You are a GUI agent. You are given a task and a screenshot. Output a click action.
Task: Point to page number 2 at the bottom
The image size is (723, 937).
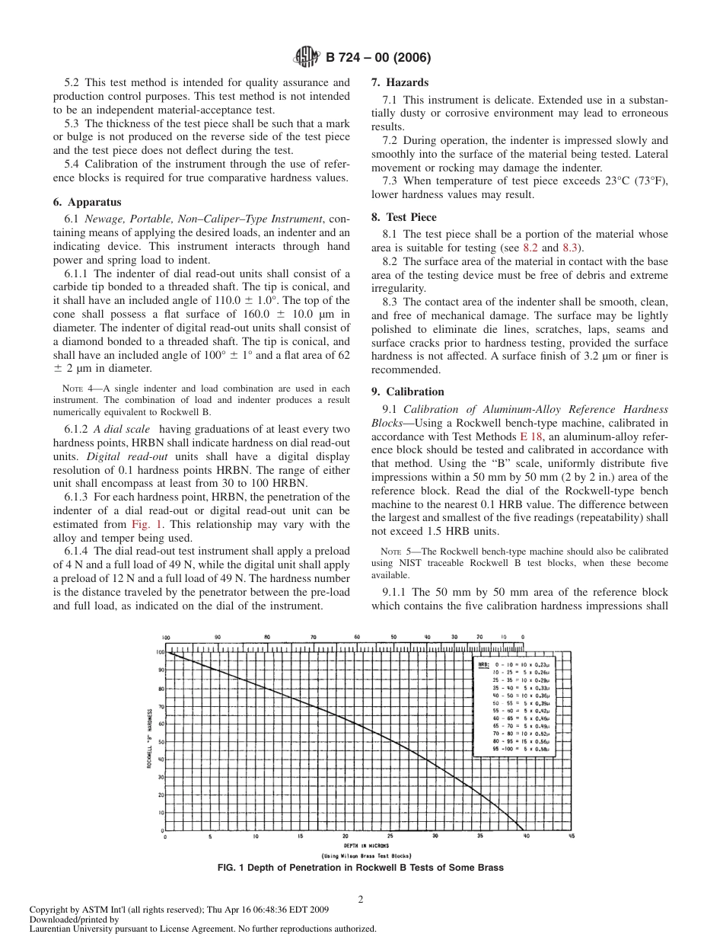[x=361, y=898]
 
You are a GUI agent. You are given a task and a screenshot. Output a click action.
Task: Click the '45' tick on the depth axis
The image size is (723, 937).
[x=570, y=836]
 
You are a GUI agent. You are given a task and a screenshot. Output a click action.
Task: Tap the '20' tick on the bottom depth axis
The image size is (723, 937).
[x=345, y=836]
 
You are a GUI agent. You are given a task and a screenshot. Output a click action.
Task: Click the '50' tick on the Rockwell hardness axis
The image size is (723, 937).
[x=161, y=741]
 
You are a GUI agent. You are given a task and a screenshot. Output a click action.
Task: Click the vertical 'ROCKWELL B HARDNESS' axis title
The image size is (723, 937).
[x=150, y=737]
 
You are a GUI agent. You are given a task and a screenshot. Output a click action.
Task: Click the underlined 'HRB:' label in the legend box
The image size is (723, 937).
[x=483, y=664]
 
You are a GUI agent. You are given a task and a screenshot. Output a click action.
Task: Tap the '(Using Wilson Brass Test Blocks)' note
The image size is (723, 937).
[x=366, y=855]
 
